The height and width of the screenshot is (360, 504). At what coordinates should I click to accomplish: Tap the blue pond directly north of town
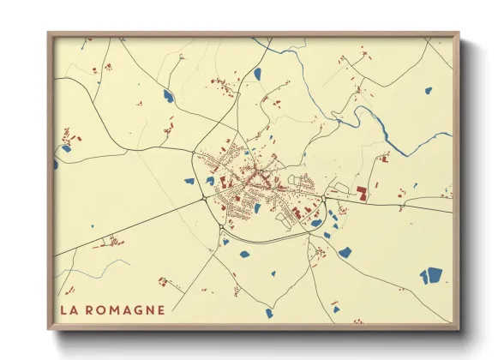[257, 75]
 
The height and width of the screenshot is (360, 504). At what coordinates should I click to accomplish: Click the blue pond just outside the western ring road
[188, 181]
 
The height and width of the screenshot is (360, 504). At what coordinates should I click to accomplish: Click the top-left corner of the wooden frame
[49, 33]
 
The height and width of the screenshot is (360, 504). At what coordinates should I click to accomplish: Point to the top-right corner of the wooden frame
[459, 33]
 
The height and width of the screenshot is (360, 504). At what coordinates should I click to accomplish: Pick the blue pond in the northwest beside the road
[167, 96]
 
